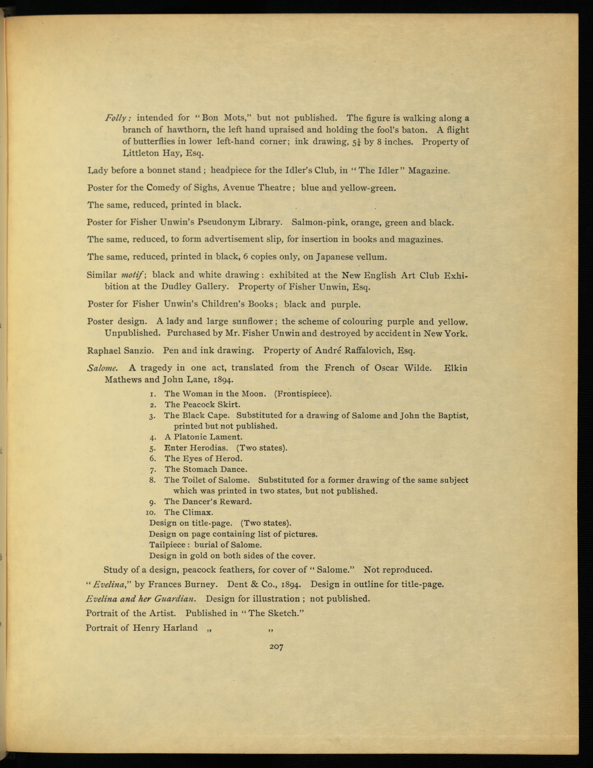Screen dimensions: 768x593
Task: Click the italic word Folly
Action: pos(115,118)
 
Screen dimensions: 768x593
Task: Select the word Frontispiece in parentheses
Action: pos(303,394)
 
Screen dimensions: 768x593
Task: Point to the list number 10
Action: pos(153,512)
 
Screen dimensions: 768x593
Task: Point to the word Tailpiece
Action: pos(168,545)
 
